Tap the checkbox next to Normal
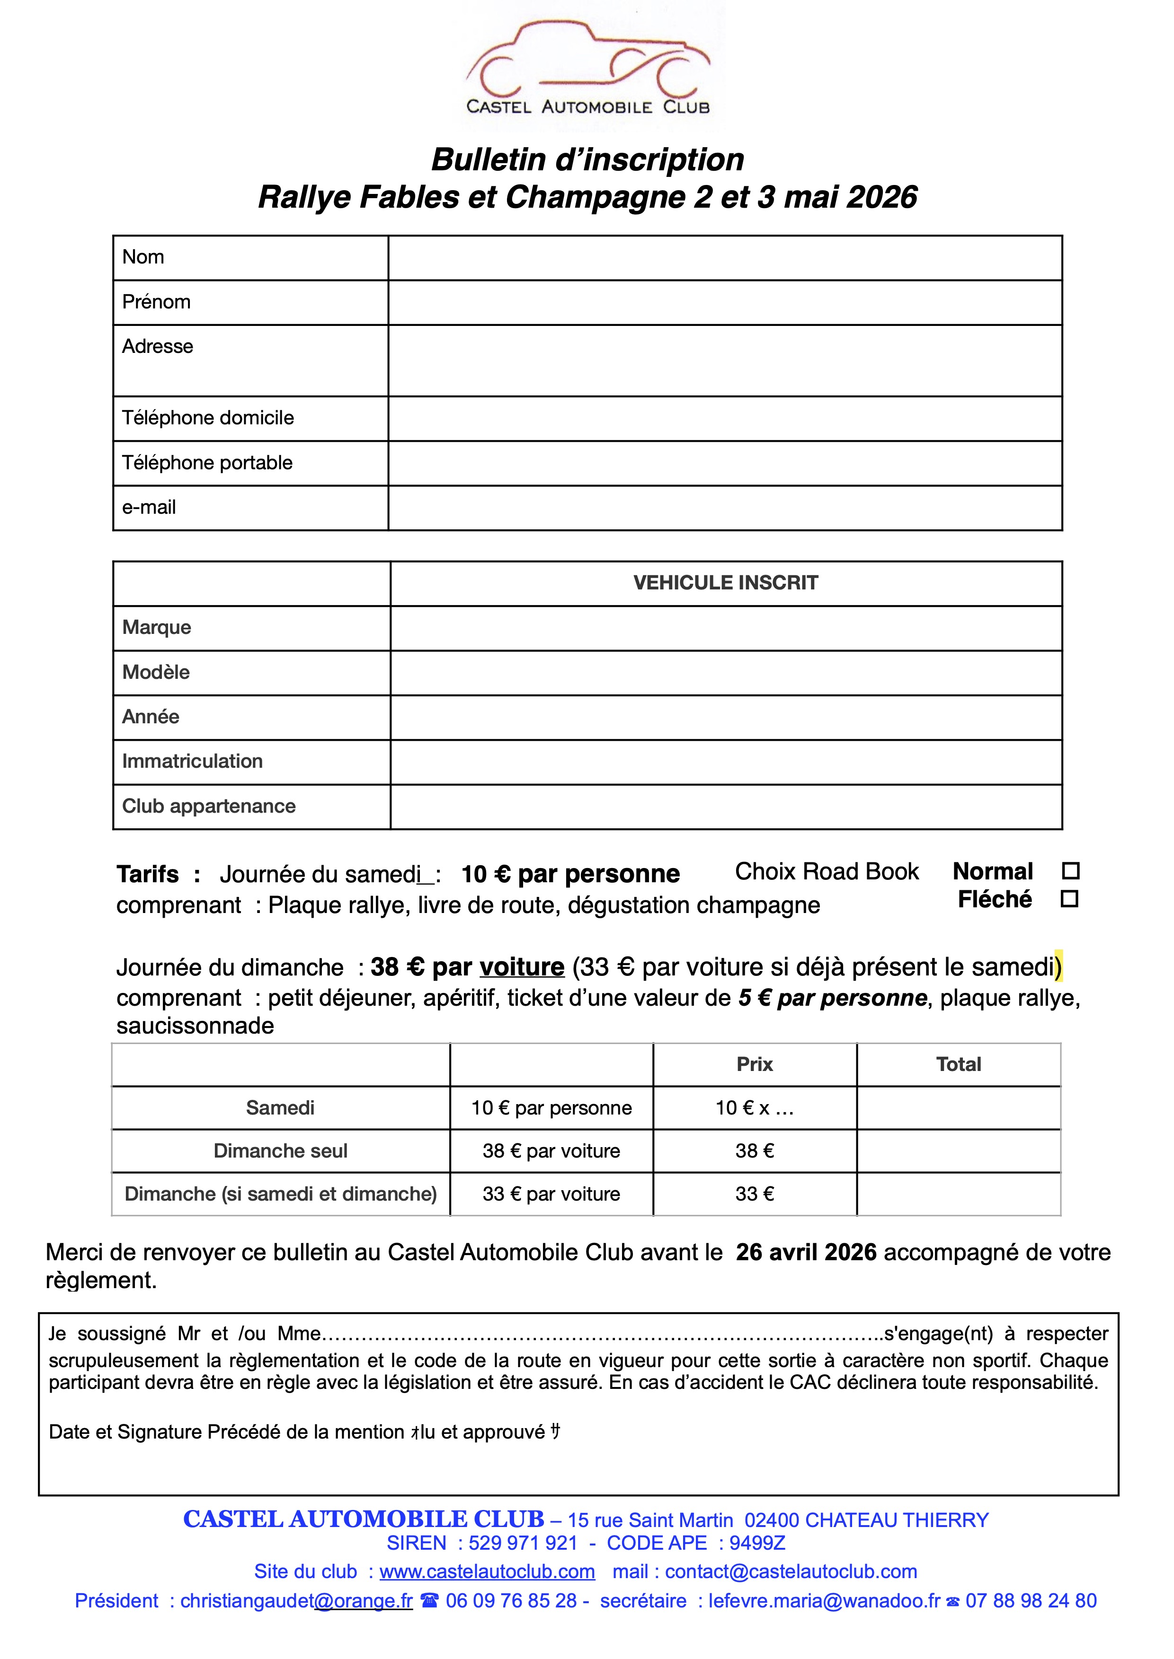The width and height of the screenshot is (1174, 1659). [1071, 871]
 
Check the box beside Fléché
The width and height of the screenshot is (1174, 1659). [1069, 899]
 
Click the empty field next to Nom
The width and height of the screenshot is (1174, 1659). [724, 258]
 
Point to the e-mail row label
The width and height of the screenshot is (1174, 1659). [149, 507]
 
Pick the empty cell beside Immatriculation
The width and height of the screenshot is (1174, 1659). [725, 762]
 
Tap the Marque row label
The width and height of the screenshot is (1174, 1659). [157, 627]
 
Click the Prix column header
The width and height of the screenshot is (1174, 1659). [755, 1064]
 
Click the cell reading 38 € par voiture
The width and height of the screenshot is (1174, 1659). [551, 1151]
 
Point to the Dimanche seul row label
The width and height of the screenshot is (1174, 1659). [281, 1151]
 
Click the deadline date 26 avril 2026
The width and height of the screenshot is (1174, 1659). [806, 1252]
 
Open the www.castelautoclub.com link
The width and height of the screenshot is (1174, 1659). [487, 1571]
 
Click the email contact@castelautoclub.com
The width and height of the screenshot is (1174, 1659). [791, 1571]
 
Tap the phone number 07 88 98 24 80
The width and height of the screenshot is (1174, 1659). [1031, 1600]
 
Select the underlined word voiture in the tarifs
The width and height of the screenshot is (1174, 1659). [522, 967]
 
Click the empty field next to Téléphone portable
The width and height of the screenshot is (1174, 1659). [724, 463]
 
